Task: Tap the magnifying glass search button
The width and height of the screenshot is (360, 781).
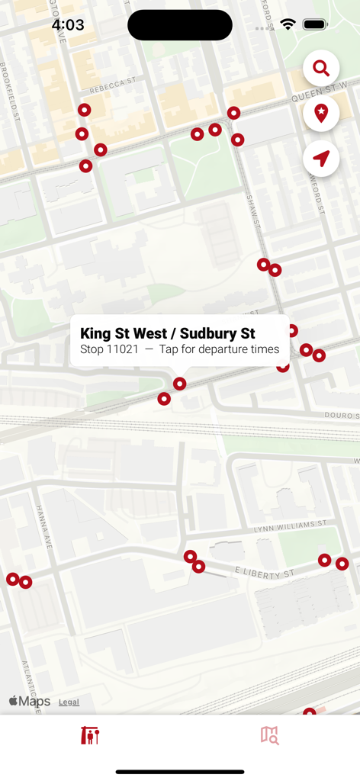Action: click(x=321, y=69)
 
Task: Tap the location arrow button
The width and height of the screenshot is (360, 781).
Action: click(x=321, y=159)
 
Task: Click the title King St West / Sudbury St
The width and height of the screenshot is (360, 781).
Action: click(x=168, y=333)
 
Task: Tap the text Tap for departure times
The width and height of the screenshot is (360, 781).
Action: click(x=219, y=349)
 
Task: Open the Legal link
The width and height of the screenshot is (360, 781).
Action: click(x=69, y=702)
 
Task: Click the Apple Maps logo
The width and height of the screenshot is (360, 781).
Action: click(x=29, y=702)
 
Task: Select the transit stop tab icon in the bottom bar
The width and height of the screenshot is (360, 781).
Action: click(x=90, y=735)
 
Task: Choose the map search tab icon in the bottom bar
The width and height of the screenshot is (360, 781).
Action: click(x=269, y=735)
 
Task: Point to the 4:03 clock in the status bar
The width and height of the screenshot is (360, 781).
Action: click(x=68, y=25)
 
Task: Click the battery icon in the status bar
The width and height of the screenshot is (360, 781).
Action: click(x=315, y=25)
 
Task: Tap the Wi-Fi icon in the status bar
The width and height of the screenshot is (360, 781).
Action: click(x=288, y=25)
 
